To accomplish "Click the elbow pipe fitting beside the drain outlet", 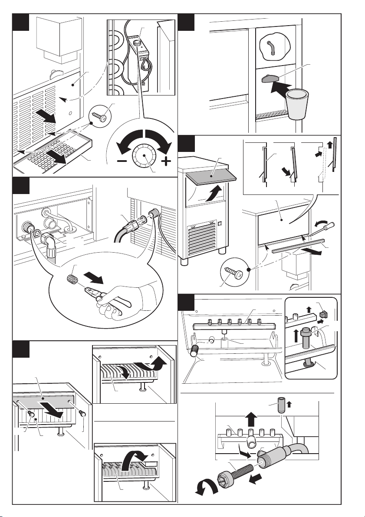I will click(49, 240).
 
